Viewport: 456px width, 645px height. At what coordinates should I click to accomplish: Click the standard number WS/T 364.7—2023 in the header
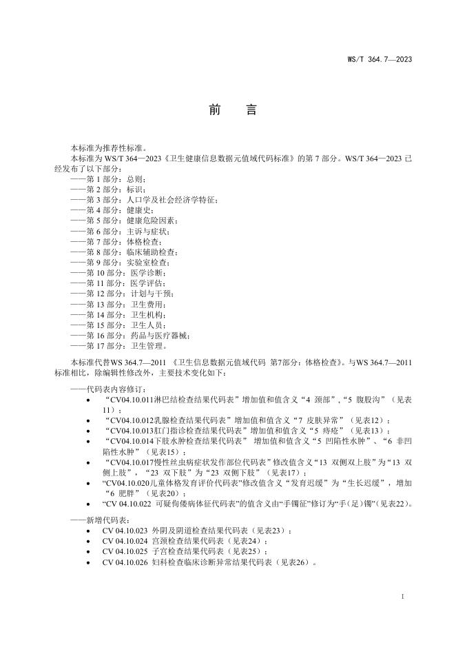[x=378, y=60]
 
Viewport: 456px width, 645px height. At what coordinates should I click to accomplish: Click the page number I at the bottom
[x=402, y=595]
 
